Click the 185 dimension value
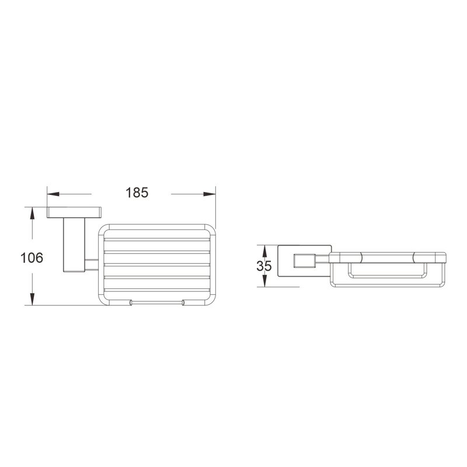pyautogui.click(x=137, y=193)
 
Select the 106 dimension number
pyautogui.click(x=32, y=257)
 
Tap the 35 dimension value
pyautogui.click(x=264, y=266)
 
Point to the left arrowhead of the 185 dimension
pyautogui.click(x=53, y=194)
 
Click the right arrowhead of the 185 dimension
pyautogui.click(x=210, y=194)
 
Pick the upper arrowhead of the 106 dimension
pyautogui.click(x=32, y=213)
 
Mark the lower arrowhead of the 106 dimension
pyautogui.click(x=32, y=299)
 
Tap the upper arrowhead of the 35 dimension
pyautogui.click(x=264, y=251)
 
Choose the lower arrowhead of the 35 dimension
pyautogui.click(x=264, y=281)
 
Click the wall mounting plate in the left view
pyautogui.click(x=74, y=212)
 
